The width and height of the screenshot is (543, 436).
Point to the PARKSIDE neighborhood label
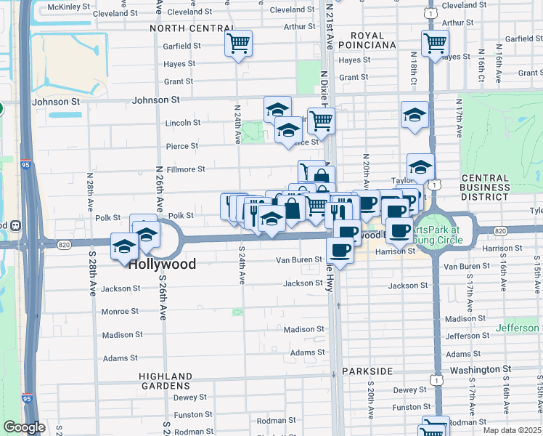pyautogui.click(x=368, y=371)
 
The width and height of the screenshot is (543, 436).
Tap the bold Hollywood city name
pyautogui.click(x=162, y=264)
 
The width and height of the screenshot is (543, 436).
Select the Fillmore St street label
pyautogui.click(x=187, y=169)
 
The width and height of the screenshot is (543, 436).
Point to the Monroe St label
pyautogui.click(x=121, y=311)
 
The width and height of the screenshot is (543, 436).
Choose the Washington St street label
pyautogui.click(x=482, y=369)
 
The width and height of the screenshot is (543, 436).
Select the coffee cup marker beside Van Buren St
pyautogui.click(x=339, y=251)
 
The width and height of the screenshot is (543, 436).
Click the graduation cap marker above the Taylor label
pyautogui.click(x=420, y=166)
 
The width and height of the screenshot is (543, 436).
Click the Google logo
pyautogui.click(x=24, y=427)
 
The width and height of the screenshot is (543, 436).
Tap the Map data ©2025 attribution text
pyautogui.click(x=512, y=429)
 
